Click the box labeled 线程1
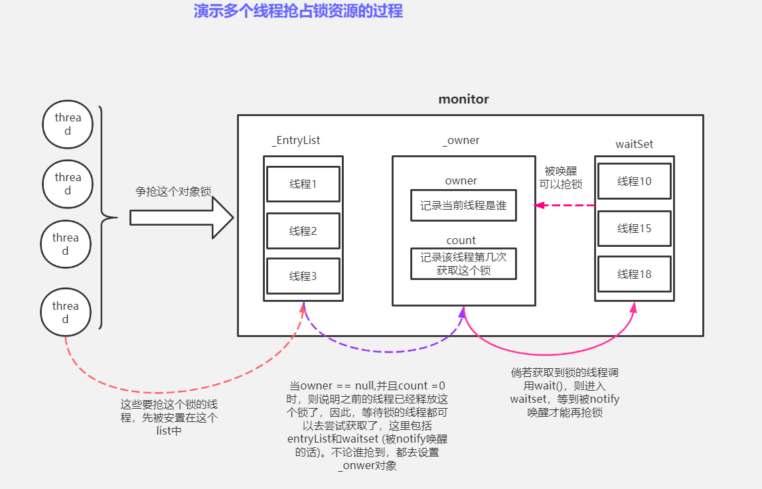pos(303,184)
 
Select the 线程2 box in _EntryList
pos(303,231)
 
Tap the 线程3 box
pos(303,276)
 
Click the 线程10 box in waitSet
pos(635,181)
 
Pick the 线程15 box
pos(635,228)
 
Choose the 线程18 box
pos(635,273)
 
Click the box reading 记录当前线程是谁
pos(463,206)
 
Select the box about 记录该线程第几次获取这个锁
pos(463,263)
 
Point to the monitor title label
pos(463,100)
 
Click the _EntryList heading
pos(296,141)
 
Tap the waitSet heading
pos(635,144)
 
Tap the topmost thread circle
pos(68,125)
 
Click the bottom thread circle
pos(65,313)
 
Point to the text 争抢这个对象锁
pos(173,191)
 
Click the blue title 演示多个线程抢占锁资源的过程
pos(298,11)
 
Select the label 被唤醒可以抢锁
pos(560,178)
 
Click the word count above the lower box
pos(461,240)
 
